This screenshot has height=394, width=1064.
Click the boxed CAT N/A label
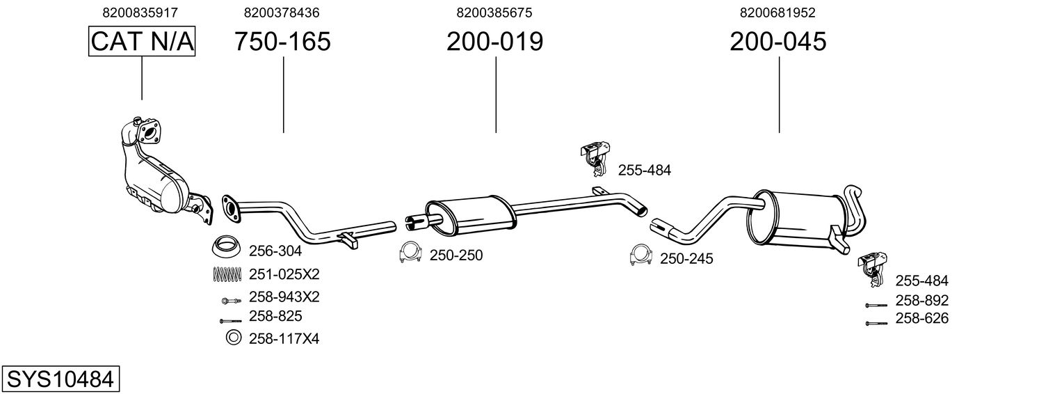[142, 41]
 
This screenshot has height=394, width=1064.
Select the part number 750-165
[282, 41]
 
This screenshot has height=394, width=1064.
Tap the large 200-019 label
[494, 41]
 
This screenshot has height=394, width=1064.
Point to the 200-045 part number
[778, 41]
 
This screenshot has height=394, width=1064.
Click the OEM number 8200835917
[140, 13]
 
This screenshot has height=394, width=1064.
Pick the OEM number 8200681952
[777, 13]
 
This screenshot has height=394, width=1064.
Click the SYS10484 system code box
[61, 379]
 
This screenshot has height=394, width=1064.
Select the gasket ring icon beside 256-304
[225, 246]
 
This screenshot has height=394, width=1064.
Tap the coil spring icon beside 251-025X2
[227, 274]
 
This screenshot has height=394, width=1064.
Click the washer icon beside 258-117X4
[233, 338]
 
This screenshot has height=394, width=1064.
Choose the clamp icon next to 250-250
[410, 253]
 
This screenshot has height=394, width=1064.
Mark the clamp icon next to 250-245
[640, 255]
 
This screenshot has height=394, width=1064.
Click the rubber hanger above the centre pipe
[595, 159]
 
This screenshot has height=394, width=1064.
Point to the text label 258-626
[921, 318]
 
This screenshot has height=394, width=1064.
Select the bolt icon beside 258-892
[876, 305]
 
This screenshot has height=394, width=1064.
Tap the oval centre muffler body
[470, 216]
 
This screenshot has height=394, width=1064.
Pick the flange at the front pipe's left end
[232, 208]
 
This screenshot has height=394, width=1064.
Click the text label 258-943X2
[284, 297]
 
